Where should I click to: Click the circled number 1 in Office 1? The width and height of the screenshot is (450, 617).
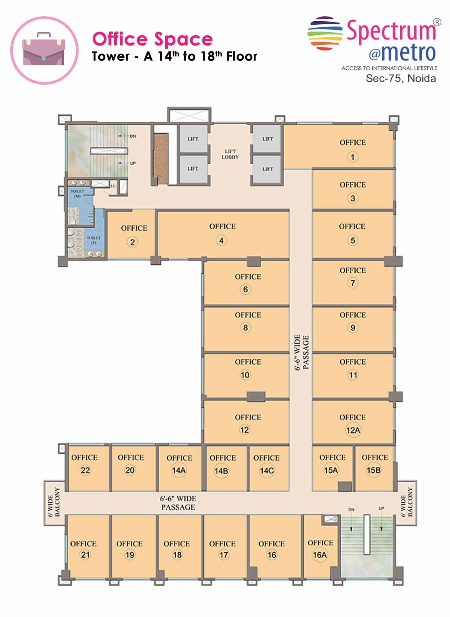coord(353,157)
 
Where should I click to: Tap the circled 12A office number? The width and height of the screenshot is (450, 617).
coord(353,430)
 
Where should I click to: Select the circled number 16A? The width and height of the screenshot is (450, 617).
coord(320,555)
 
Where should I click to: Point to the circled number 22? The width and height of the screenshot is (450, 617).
coord(85,470)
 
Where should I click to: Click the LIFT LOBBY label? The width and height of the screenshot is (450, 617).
coord(230,154)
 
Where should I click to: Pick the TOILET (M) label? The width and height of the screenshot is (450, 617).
coord(77,194)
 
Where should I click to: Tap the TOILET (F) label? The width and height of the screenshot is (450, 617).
coord(94,240)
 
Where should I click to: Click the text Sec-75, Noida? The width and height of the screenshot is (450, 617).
coord(401,78)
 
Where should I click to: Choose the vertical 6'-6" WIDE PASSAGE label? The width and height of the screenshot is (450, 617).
coord(301,352)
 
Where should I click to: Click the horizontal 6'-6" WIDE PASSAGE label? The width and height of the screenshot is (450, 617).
coord(178,503)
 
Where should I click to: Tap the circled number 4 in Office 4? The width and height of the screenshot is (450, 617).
coord(221,240)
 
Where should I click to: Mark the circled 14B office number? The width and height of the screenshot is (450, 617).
coord(221,471)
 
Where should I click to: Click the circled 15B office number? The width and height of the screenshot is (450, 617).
coord(374,470)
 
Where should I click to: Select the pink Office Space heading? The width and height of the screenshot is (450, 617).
coord(152,39)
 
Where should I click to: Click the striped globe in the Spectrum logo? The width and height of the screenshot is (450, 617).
coord(325,33)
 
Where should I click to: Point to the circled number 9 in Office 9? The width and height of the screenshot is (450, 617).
coord(353,327)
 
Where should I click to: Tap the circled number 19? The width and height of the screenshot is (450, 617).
coord(130,555)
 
